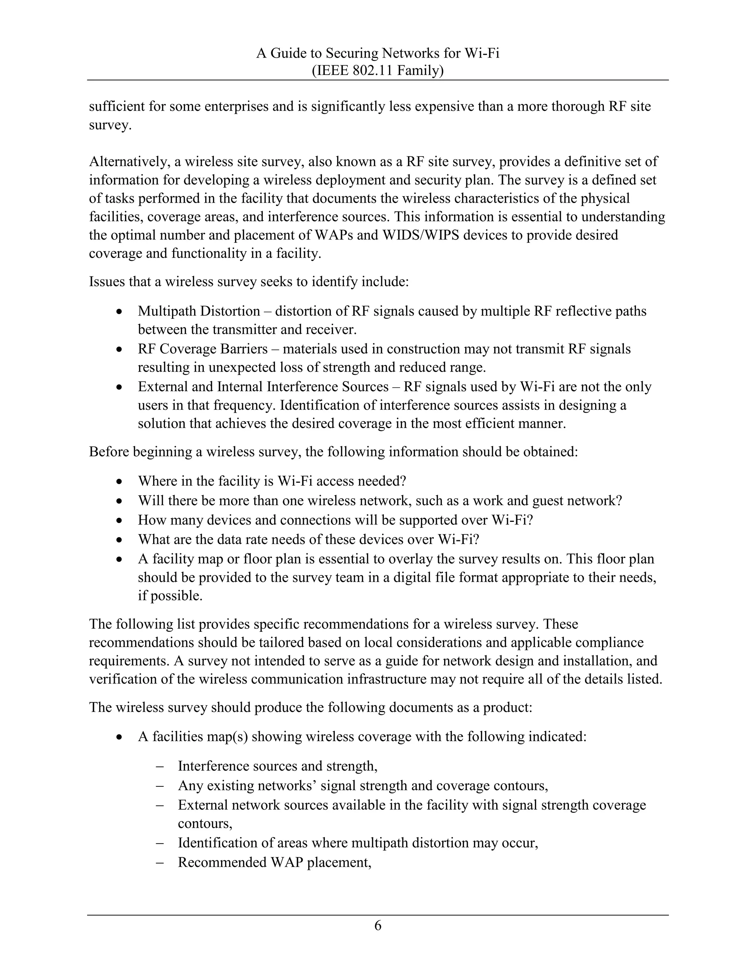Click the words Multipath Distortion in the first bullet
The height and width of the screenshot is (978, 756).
pos(199,311)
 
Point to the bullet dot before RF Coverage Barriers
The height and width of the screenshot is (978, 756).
pos(119,349)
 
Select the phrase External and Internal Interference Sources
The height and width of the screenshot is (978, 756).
pos(263,386)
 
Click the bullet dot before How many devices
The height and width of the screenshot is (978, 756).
pos(119,520)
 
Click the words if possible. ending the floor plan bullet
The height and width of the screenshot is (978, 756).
pos(170,596)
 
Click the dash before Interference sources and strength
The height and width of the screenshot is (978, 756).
pos(159,766)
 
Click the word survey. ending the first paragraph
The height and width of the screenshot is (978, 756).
pos(110,125)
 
